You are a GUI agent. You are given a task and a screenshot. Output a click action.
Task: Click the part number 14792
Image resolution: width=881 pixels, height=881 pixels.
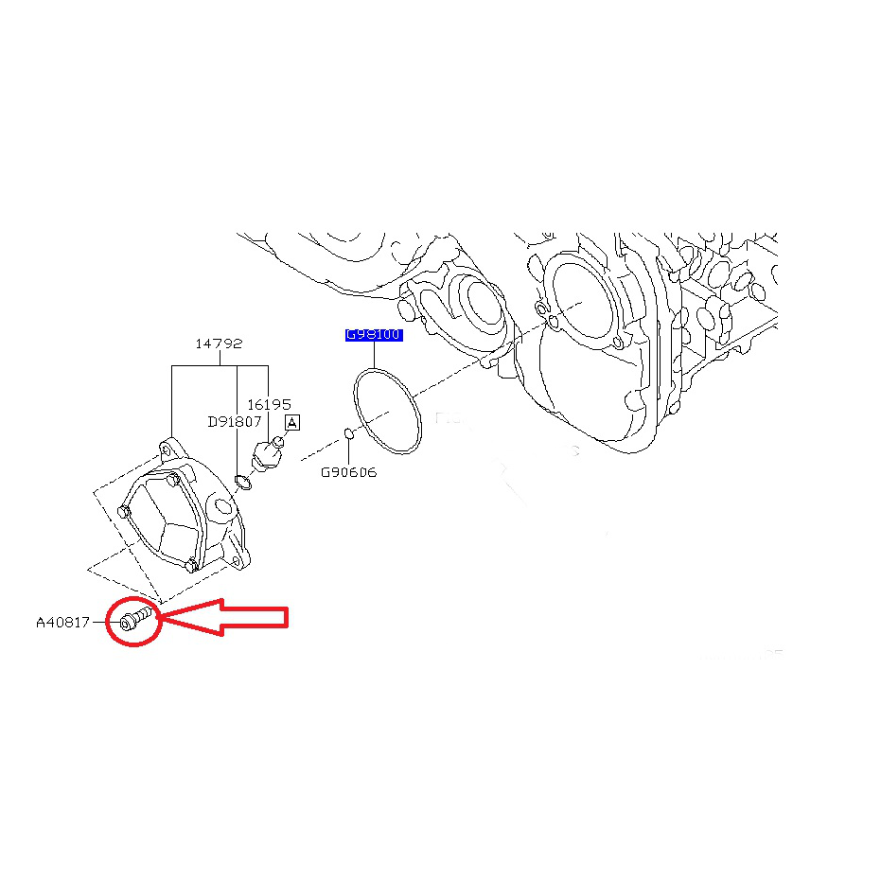219,344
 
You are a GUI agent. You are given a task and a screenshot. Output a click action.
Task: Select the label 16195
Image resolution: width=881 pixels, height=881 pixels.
269,405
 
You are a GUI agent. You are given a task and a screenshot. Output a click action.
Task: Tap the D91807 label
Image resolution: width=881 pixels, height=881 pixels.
234,422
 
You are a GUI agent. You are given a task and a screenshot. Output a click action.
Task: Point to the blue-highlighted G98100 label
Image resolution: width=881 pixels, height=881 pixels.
374,335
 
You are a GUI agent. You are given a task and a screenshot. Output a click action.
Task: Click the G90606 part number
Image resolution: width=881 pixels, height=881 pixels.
348,471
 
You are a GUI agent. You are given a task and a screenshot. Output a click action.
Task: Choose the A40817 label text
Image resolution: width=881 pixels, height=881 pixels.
62,623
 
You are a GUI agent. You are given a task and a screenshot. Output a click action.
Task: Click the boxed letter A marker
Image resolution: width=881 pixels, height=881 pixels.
291,423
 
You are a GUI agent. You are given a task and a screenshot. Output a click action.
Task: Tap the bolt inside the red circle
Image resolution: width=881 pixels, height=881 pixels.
133,620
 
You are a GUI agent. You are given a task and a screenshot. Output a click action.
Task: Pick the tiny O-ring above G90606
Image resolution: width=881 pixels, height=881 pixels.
348,434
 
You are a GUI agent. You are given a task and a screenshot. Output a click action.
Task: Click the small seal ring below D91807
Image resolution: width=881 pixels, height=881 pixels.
242,484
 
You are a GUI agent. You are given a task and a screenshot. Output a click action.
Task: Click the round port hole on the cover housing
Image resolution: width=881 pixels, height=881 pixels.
222,509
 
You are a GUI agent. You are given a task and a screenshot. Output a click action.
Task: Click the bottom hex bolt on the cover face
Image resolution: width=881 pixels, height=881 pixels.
190,566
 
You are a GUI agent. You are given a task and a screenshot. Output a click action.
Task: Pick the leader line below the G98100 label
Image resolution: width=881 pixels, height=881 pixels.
374,356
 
